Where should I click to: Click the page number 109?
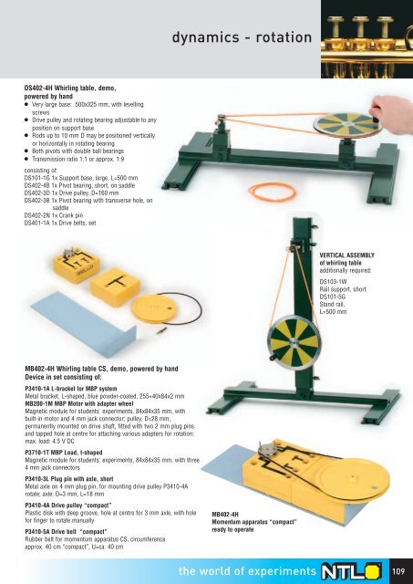398,570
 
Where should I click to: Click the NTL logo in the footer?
352,571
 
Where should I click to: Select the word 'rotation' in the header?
284,37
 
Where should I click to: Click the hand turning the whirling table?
393,113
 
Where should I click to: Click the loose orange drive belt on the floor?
273,192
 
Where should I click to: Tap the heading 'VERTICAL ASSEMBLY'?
346,255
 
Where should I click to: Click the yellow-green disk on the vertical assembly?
294,343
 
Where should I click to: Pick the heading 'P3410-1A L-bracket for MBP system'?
71,389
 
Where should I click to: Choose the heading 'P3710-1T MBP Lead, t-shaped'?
64,453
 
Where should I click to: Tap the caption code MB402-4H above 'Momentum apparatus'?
225,515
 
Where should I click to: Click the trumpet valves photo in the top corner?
367,39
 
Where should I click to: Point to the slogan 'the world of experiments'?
247,571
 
